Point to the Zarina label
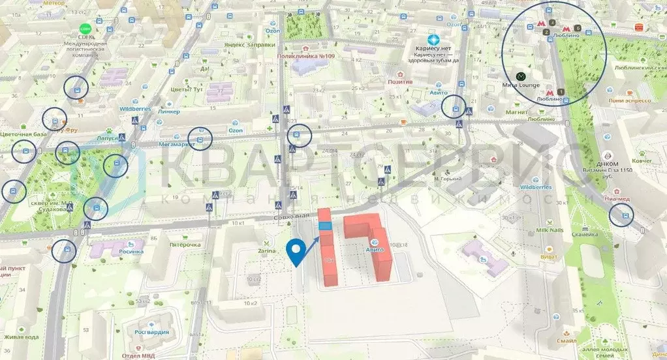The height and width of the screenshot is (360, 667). coord(266,250)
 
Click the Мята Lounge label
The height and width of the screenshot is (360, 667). coord(521,85)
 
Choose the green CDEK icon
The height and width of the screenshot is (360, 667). coord(84,29)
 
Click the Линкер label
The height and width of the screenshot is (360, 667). coord(168,111)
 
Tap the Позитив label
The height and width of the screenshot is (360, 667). coord(400,82)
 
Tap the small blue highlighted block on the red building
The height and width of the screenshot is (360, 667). coord(325,226)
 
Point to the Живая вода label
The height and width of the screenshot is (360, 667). coord(21,337)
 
